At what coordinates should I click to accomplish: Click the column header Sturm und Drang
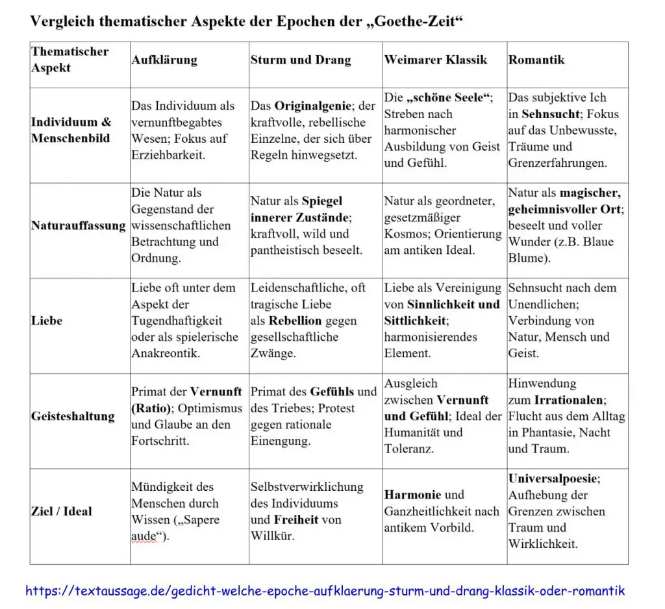pos(300,60)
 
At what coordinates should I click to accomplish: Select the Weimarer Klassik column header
pos(435,60)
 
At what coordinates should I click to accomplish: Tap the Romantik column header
pos(536,60)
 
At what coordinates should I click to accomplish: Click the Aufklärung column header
pos(164,60)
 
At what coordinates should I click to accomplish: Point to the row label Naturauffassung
pos(78,226)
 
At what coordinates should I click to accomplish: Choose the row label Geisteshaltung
pos(73,416)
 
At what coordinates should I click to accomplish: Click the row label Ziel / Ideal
pos(62,511)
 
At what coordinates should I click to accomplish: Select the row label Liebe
pos(47,321)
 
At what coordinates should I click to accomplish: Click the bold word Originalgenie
pos(316,106)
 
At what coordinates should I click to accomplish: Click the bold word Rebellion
pos(295,321)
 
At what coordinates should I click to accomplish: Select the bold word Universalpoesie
pos(552,478)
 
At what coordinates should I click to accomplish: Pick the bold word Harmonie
pos(412,495)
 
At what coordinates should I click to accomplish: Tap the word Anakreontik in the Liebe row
pos(166,353)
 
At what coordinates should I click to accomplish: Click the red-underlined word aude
pos(144,536)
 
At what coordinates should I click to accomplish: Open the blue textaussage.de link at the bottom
pos(325,591)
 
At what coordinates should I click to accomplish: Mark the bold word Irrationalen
pos(570,399)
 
